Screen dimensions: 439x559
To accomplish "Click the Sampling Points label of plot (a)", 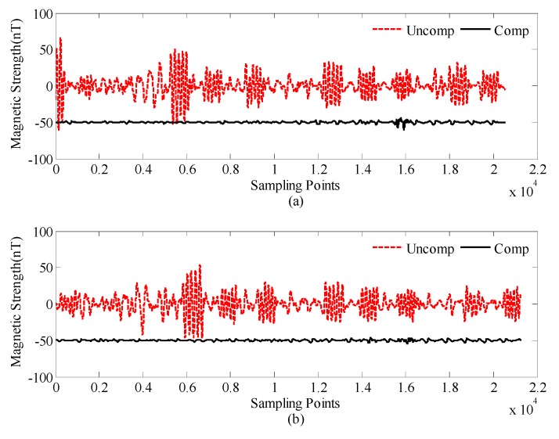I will tap(296, 186).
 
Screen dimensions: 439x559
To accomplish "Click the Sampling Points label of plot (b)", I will tap(296, 404).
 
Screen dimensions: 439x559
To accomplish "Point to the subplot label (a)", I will tap(296, 200).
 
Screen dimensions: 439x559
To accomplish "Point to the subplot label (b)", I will tap(296, 419).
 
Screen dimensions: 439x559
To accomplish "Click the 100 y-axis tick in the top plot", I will tap(40, 14).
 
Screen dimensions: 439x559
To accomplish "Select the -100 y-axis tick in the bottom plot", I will tap(38, 377).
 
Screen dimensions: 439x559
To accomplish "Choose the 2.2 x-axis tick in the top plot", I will tap(536, 170).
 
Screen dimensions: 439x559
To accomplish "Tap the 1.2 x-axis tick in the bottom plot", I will tap(318, 388).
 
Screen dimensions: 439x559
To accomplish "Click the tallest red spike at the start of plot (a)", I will tap(60, 38).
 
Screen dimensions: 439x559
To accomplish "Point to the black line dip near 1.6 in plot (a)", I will tap(404, 128).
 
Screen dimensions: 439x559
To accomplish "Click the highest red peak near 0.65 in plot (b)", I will tap(200, 266).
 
